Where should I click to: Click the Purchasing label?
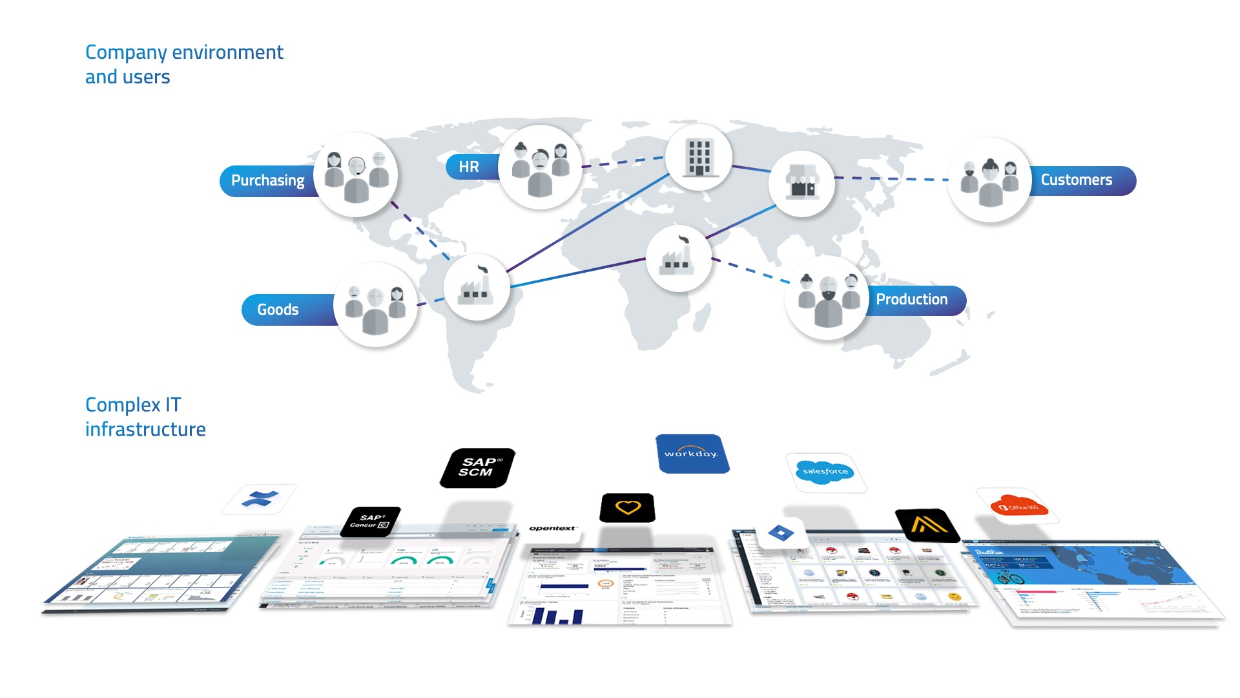click(x=267, y=180)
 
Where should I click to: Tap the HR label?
click(x=469, y=167)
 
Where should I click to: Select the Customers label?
click(x=1076, y=180)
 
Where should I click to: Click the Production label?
click(x=911, y=299)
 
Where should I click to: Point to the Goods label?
click(x=278, y=310)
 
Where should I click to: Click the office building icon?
click(x=699, y=157)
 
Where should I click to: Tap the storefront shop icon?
click(x=801, y=183)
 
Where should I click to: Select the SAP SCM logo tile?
click(x=477, y=467)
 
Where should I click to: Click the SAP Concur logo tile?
click(x=371, y=521)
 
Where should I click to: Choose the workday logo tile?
click(x=691, y=454)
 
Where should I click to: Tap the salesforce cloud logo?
click(x=825, y=472)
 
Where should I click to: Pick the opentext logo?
click(x=552, y=529)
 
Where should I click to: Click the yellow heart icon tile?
click(x=627, y=507)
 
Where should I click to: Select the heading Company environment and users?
click(x=184, y=64)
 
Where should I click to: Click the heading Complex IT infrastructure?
click(x=145, y=417)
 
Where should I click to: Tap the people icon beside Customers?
click(x=989, y=180)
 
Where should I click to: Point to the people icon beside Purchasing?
click(x=356, y=174)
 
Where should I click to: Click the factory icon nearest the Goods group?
click(x=476, y=287)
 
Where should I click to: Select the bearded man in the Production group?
click(x=827, y=301)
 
